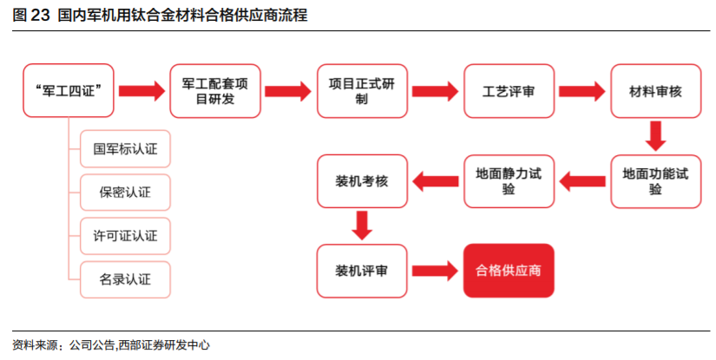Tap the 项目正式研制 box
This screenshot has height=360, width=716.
click(x=362, y=90)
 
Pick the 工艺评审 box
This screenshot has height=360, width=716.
click(x=509, y=90)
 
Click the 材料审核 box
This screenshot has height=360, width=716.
click(x=656, y=90)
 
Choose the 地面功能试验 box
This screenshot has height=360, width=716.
click(x=656, y=181)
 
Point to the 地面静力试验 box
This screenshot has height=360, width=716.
click(x=509, y=181)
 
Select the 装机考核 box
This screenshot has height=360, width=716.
click(x=362, y=181)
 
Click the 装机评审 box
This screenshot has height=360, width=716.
click(x=362, y=271)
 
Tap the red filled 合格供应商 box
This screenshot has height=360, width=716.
click(x=509, y=271)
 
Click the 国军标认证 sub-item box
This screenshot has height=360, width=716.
click(x=125, y=148)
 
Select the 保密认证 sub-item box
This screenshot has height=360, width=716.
click(x=125, y=192)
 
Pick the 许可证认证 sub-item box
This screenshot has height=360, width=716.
click(x=125, y=235)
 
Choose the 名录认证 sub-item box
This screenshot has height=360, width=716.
click(x=125, y=279)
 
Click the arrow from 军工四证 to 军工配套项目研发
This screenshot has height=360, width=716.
click(x=141, y=90)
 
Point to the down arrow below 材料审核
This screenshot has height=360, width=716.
click(x=656, y=136)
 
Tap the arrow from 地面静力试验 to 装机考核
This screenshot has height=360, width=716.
click(x=435, y=181)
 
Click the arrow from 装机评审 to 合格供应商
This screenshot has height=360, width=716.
click(x=435, y=271)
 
